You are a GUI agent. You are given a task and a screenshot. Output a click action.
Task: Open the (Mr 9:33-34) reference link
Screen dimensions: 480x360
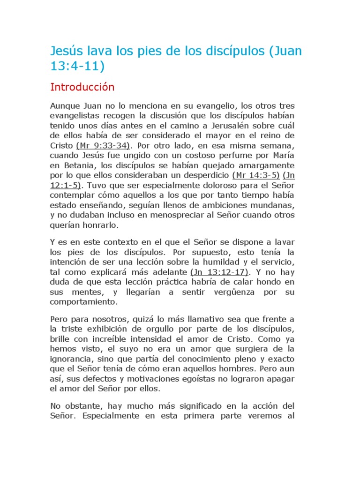(103, 145)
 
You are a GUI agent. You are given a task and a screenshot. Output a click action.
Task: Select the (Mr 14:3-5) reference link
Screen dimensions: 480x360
(256, 175)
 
